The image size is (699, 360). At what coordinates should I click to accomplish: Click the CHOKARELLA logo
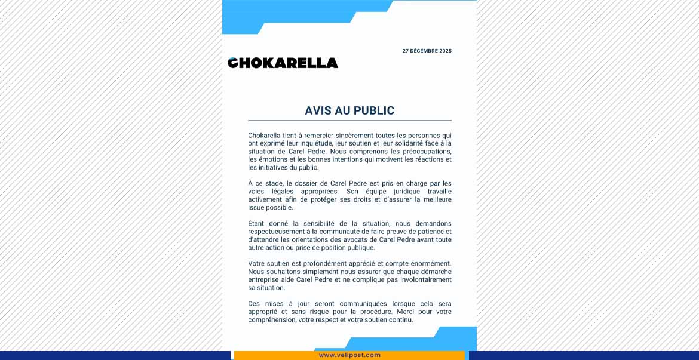(283, 63)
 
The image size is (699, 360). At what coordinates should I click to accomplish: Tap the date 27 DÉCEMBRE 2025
(427, 51)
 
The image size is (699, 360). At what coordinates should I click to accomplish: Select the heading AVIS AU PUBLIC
(349, 110)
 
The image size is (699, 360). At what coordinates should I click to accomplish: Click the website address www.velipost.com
(349, 355)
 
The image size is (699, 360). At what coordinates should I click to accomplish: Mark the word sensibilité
(329, 223)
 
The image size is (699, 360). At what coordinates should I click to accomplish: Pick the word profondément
(325, 263)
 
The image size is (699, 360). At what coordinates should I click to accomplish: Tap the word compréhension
(272, 319)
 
